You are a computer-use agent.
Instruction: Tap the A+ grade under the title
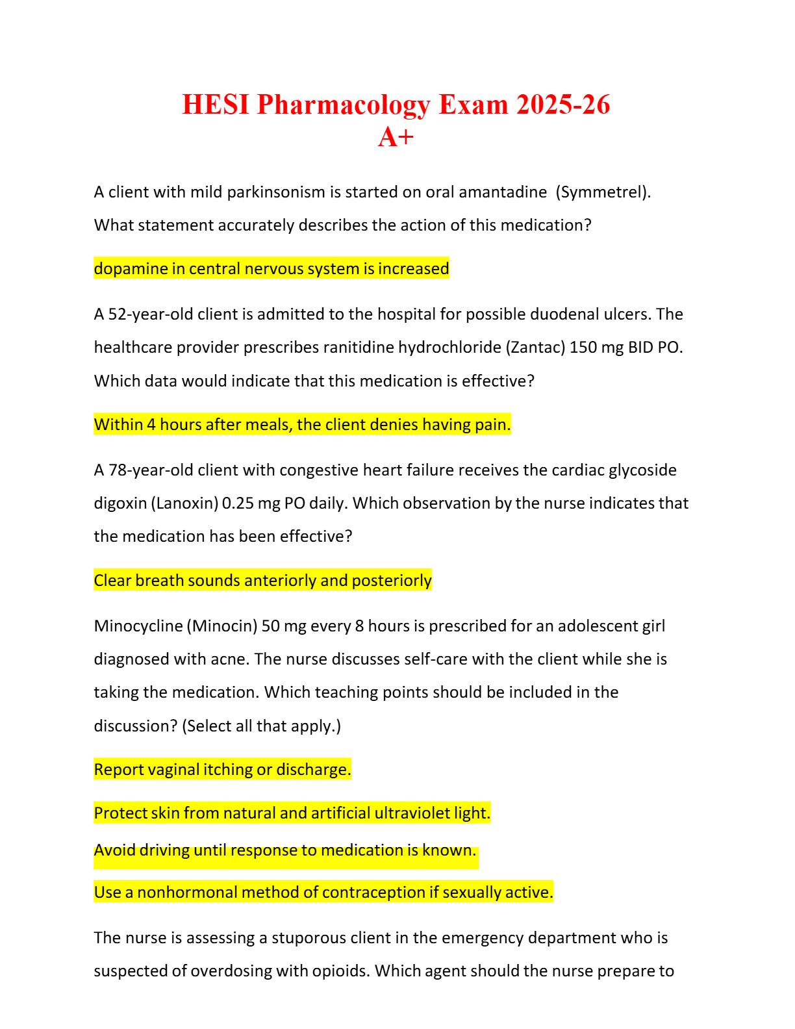tap(396, 137)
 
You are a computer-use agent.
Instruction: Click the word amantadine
tap(503, 192)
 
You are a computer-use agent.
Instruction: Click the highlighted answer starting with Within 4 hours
tap(302, 425)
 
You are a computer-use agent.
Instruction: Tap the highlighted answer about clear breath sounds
tap(262, 581)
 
